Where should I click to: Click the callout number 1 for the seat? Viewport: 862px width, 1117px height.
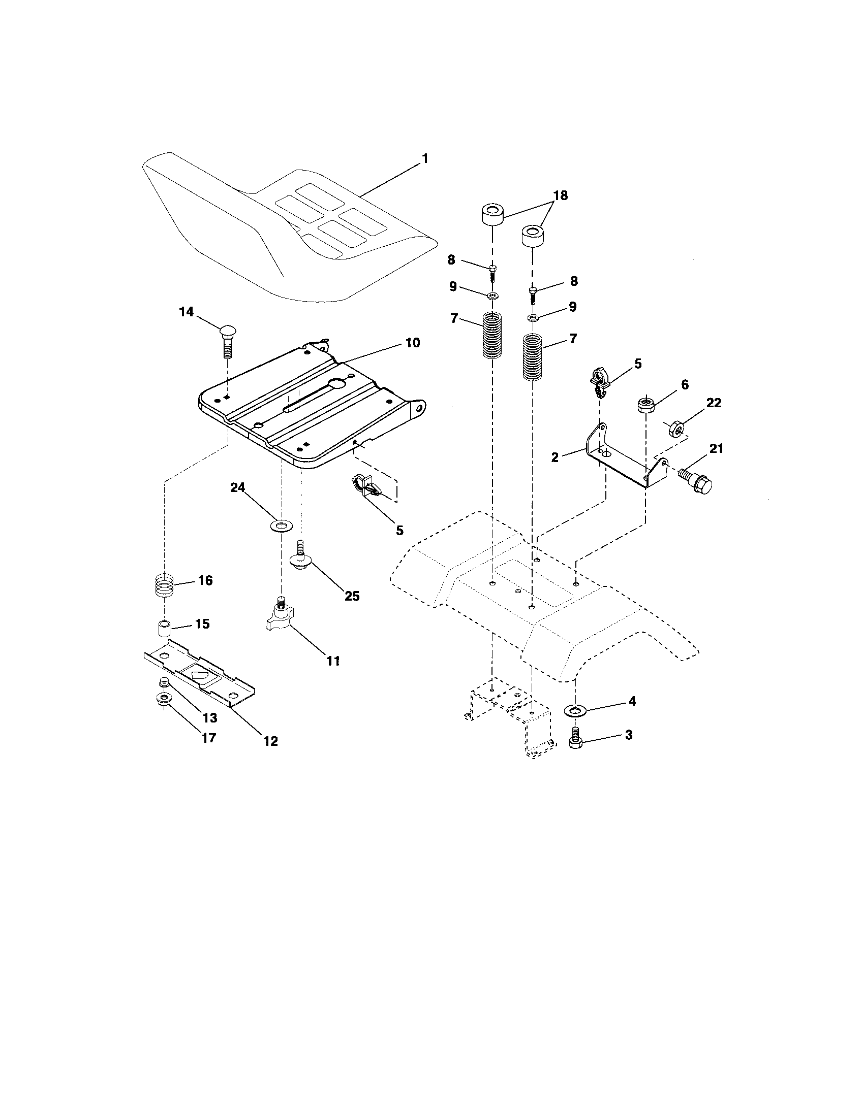coord(424,158)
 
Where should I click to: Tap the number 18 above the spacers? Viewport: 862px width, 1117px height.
coord(561,196)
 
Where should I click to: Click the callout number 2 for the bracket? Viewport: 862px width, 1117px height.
coord(555,457)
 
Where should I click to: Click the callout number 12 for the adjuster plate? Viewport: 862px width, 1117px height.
coord(270,741)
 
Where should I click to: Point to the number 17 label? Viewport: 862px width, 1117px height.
coord(209,738)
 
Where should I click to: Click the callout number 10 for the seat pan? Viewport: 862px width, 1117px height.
coord(413,343)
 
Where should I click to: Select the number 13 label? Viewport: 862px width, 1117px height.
coord(210,717)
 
